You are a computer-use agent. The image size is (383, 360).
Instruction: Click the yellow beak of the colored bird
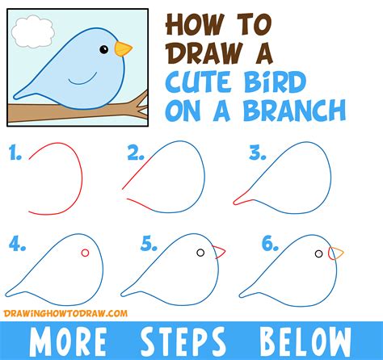tap(123, 49)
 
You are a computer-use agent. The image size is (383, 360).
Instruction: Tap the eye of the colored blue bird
tap(103, 49)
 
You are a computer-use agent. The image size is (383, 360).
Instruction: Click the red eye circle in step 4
tap(85, 254)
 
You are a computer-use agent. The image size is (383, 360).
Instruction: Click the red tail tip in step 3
tap(240, 199)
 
